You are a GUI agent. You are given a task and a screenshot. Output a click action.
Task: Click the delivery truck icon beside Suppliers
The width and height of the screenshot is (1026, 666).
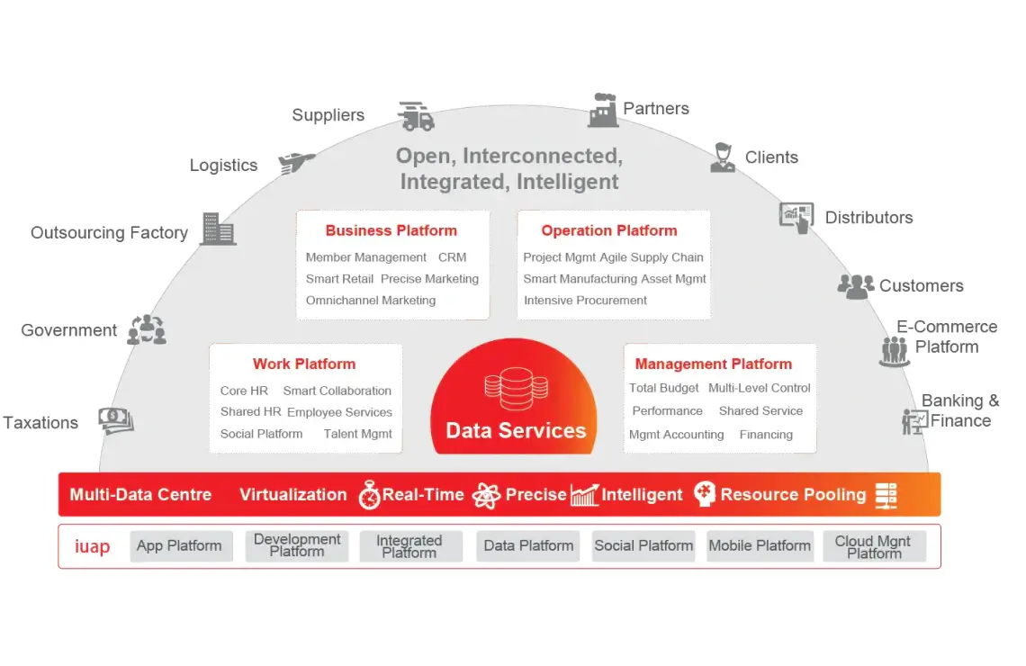click(416, 116)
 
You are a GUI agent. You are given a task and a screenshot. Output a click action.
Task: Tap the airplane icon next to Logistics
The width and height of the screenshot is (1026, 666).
click(296, 162)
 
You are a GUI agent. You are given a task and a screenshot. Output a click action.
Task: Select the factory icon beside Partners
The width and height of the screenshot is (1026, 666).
click(603, 110)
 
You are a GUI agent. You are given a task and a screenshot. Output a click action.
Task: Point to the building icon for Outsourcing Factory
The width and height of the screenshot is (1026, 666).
click(218, 229)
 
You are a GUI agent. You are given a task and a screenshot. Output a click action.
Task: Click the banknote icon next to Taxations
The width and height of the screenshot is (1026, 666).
click(116, 419)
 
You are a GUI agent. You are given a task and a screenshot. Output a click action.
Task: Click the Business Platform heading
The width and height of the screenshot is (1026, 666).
click(391, 230)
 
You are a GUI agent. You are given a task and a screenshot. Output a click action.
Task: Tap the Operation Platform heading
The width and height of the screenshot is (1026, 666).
click(609, 230)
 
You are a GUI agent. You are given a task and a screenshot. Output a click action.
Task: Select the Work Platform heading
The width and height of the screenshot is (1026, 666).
click(304, 364)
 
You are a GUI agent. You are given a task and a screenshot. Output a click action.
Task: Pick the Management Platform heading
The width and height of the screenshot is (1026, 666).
click(713, 364)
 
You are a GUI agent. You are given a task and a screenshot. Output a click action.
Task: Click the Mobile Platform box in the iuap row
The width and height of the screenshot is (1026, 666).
click(760, 545)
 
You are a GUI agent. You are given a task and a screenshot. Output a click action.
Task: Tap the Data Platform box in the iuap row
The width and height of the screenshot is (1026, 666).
click(528, 545)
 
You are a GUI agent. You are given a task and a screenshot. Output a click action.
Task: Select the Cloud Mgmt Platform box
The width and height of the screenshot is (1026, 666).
click(873, 546)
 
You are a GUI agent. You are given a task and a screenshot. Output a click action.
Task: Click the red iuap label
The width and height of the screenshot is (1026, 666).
click(92, 546)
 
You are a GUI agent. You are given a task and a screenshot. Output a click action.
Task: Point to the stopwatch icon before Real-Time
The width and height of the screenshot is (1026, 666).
click(369, 495)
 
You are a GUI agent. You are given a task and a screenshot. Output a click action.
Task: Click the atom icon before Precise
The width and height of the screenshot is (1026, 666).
click(486, 495)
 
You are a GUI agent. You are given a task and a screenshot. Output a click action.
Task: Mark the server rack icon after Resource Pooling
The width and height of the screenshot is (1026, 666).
click(886, 495)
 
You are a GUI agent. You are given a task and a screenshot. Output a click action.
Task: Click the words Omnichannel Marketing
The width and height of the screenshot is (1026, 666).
click(371, 301)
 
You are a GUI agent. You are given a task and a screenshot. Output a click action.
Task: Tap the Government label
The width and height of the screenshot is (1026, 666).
click(69, 330)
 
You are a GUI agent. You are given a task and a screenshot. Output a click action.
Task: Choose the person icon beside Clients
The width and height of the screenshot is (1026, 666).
click(722, 157)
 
